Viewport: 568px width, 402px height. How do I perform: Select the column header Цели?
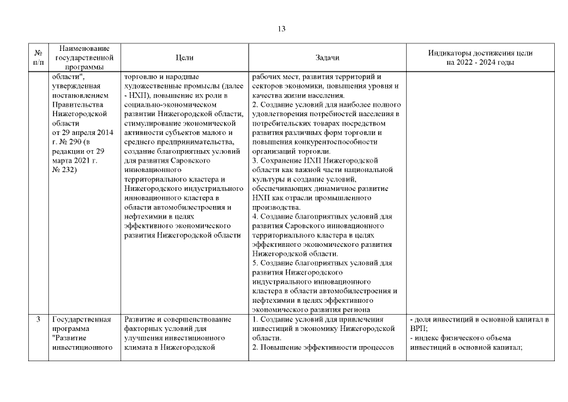tap(185, 58)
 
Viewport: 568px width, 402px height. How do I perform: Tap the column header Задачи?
tap(328, 58)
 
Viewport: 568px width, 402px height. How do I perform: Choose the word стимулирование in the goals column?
tap(151, 114)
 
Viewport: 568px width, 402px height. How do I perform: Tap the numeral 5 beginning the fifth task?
tap(254, 263)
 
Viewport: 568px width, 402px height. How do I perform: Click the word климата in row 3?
tap(140, 347)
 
